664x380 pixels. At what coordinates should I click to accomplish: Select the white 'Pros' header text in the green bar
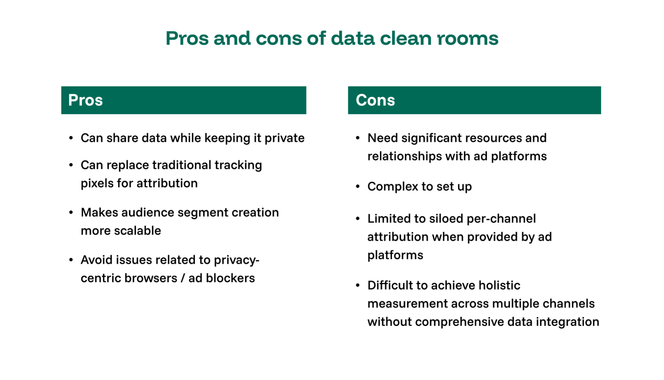tap(85, 100)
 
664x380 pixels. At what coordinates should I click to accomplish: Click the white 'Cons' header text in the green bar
tap(375, 100)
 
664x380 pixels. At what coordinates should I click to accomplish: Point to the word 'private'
tap(284, 138)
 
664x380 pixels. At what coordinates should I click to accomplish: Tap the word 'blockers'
tap(230, 278)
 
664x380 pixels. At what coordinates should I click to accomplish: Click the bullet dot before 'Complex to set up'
tap(358, 187)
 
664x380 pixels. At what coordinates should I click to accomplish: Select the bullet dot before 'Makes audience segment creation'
tap(71, 212)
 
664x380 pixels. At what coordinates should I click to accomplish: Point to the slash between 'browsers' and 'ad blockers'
tap(183, 278)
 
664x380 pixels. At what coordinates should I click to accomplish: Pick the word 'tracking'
tap(238, 165)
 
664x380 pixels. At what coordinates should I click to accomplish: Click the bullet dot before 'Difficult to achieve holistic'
tap(358, 285)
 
